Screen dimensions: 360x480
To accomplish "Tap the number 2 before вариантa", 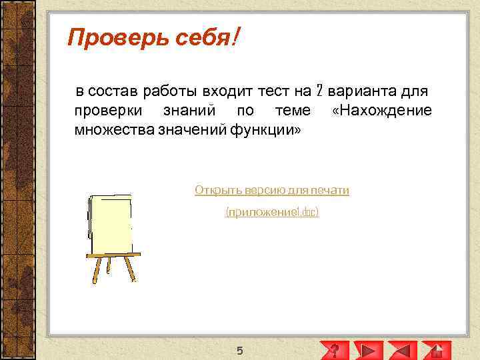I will (x=319, y=91).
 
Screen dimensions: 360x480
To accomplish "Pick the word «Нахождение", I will (x=381, y=110).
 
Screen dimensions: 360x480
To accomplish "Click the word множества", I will (x=113, y=129).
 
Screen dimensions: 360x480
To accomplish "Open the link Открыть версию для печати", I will (x=272, y=191).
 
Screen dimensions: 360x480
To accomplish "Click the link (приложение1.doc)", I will (x=272, y=212).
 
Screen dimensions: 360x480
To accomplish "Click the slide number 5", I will (x=240, y=351).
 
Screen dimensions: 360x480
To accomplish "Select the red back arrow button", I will (x=403, y=350).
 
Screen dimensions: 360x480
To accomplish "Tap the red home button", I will (x=436, y=350).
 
